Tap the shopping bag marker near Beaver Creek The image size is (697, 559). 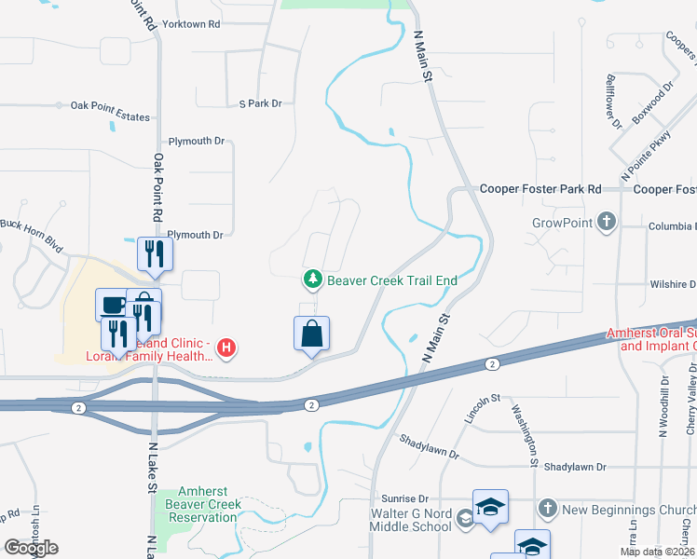pyautogui.click(x=311, y=334)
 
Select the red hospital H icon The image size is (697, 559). pyautogui.click(x=225, y=349)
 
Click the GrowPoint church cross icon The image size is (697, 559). pyautogui.click(x=607, y=223)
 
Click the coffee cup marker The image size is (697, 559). pyautogui.click(x=112, y=304)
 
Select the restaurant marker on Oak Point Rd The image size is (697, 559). pyautogui.click(x=153, y=253)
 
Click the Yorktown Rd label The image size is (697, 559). pyautogui.click(x=190, y=22)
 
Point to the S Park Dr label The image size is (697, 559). pyautogui.click(x=260, y=103)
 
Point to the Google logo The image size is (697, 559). pyautogui.click(x=32, y=547)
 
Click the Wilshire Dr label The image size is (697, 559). pyautogui.click(x=674, y=284)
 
